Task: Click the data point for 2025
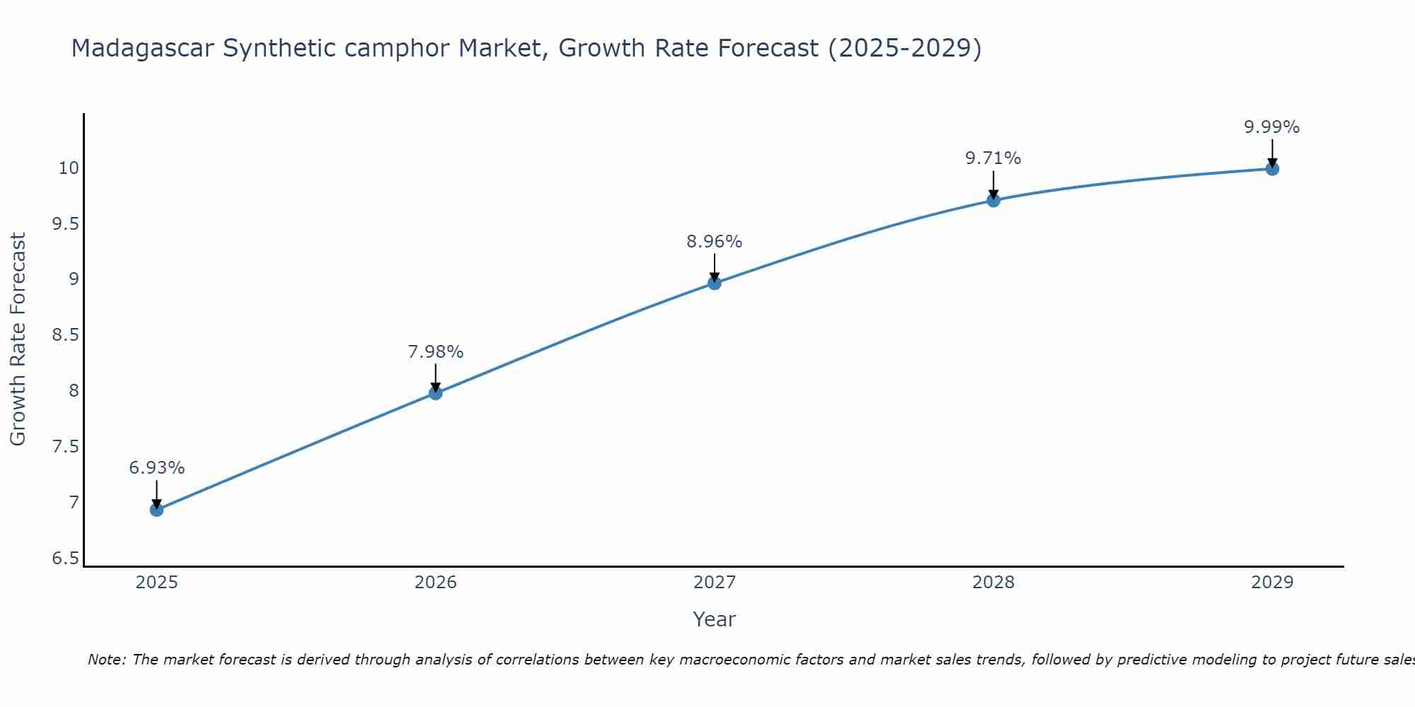point(157,510)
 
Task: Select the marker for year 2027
point(715,284)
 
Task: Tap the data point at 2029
point(1272,169)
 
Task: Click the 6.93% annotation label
point(157,468)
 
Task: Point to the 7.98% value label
point(436,352)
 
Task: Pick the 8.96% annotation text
point(715,242)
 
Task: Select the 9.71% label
point(993,158)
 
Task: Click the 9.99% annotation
point(1272,127)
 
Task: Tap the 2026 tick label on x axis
point(436,583)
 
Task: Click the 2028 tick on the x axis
point(993,583)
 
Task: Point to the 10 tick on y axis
point(69,168)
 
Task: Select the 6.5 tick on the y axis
point(65,559)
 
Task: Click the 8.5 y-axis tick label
point(65,335)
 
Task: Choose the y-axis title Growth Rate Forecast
point(18,339)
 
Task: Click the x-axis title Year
point(715,619)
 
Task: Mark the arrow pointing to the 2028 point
point(993,185)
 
